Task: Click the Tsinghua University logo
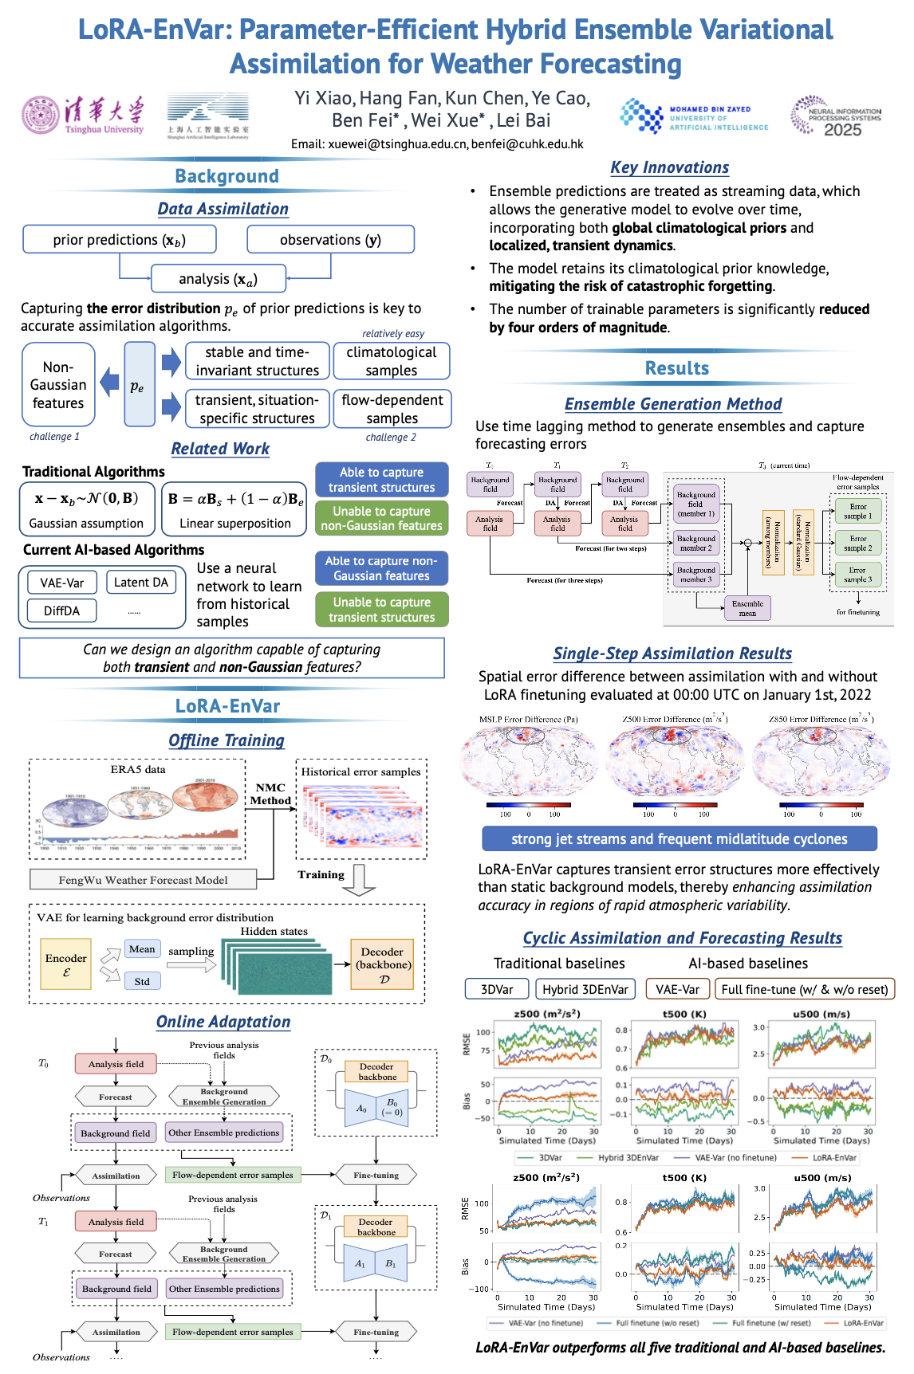tap(83, 116)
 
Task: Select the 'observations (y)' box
tap(330, 240)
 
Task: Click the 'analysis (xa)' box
tap(218, 279)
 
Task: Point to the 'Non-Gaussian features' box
tap(58, 385)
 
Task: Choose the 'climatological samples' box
tap(392, 361)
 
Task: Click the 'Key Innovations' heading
tap(669, 167)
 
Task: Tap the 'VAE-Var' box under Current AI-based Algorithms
tap(62, 583)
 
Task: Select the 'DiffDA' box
tap(61, 610)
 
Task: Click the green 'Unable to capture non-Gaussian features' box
tap(381, 518)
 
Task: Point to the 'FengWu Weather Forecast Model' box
tap(144, 880)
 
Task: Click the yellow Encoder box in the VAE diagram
tap(66, 964)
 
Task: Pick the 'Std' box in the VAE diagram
tap(142, 981)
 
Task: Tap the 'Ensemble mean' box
tap(747, 608)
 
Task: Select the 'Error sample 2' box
tap(858, 544)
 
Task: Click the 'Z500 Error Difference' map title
tap(675, 719)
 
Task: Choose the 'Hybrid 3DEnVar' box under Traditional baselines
tap(585, 989)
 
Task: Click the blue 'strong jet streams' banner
tap(680, 838)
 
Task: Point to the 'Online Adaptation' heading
tap(223, 1022)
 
